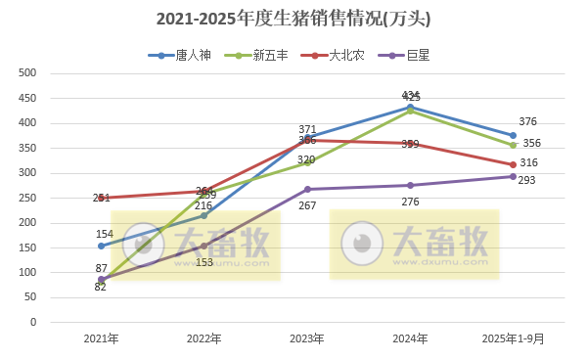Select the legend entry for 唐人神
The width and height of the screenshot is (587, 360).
coord(181,55)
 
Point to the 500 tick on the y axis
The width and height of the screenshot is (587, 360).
coord(27,73)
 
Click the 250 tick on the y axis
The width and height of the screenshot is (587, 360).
coord(27,198)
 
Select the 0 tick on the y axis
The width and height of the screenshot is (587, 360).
coord(32,322)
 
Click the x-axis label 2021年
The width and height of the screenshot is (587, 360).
coord(101,339)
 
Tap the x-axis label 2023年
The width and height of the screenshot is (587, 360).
coord(307,339)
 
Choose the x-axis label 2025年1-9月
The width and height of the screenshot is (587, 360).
coord(513,339)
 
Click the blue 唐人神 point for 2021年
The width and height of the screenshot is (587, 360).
coord(101,246)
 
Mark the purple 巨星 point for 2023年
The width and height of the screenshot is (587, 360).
coord(307,189)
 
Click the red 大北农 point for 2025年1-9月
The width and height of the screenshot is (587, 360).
coord(513,164)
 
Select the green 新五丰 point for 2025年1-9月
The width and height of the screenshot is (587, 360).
coord(513,145)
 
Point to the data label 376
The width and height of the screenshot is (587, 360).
coord(527,122)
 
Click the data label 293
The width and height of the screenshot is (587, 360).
coord(527,181)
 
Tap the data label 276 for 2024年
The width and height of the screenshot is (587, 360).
coord(410,202)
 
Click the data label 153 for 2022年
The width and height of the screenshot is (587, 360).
coord(204,262)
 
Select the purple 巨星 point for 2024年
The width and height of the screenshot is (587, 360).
coord(410,185)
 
